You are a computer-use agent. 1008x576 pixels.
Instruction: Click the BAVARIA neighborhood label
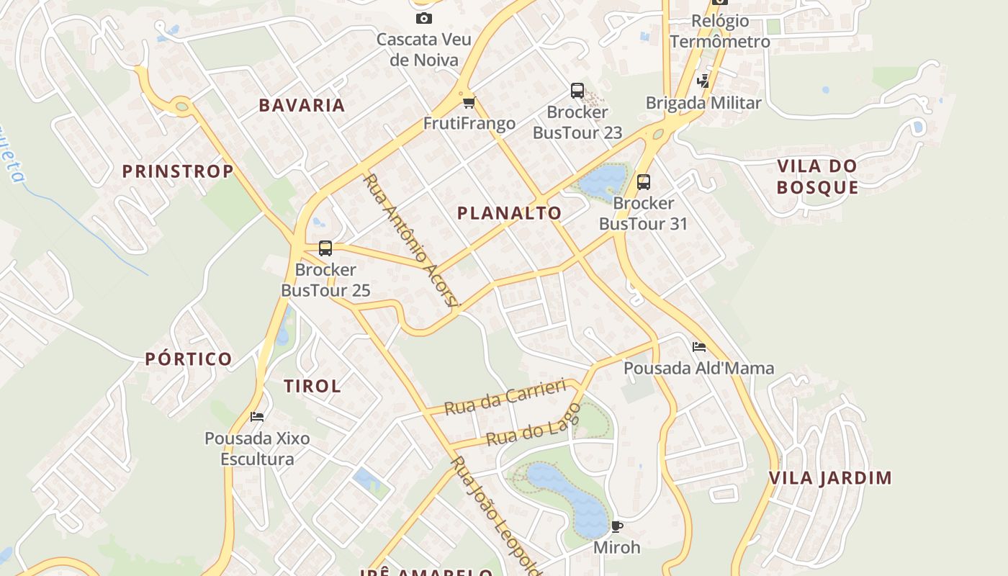pos(302,105)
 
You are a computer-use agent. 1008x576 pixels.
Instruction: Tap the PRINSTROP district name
pos(178,171)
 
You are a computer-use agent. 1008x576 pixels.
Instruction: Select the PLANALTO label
pos(509,213)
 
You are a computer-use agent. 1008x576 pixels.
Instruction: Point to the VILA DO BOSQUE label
pos(817,177)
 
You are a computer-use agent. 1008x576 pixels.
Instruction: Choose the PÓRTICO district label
pos(189,359)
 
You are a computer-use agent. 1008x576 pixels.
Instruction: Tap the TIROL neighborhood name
pos(312,386)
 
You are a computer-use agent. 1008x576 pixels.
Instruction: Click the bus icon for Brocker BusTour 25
pos(325,248)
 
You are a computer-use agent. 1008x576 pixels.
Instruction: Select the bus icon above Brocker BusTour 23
pos(577,91)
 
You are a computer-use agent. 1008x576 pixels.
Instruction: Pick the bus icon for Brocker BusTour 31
pos(644,182)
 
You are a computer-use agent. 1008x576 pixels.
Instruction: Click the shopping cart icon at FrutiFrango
pos(469,102)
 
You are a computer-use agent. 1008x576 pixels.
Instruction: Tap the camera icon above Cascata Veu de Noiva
pos(424,18)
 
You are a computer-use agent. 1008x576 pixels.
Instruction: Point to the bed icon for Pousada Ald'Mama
pos(698,347)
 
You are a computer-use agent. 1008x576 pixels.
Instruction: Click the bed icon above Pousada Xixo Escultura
pos(257,417)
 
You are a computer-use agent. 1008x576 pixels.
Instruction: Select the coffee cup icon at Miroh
pos(616,526)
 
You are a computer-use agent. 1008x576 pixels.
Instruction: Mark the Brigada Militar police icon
pos(703,81)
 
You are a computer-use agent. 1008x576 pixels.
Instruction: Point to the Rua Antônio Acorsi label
pos(411,240)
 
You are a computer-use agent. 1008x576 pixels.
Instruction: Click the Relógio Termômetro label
pos(720,31)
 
